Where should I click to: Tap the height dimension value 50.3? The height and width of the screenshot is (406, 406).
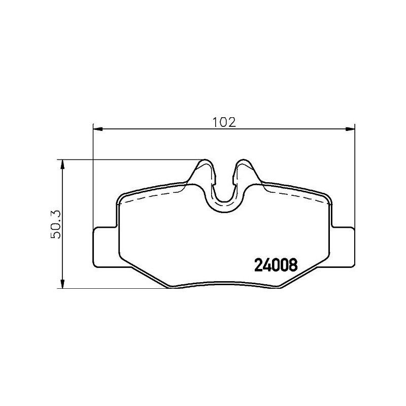(x=57, y=224)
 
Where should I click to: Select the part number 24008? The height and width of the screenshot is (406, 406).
(x=275, y=264)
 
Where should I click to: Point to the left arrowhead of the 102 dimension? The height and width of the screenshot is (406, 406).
(x=97, y=129)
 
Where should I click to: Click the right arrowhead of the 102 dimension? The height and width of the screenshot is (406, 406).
(x=350, y=129)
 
